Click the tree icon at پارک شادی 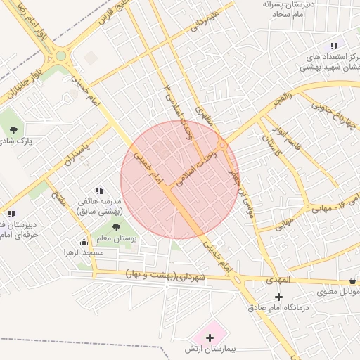pyautogui.click(x=13, y=129)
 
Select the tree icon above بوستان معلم pyautogui.click(x=116, y=226)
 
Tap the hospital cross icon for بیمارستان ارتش pyautogui.click(x=210, y=337)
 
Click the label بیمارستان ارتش pyautogui.click(x=210, y=349)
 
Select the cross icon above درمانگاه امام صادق pyautogui.click(x=279, y=297)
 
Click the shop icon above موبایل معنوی pyautogui.click(x=352, y=281)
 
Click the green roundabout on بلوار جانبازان pyautogui.click(x=61, y=55)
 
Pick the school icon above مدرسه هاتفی pyautogui.click(x=99, y=191)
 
